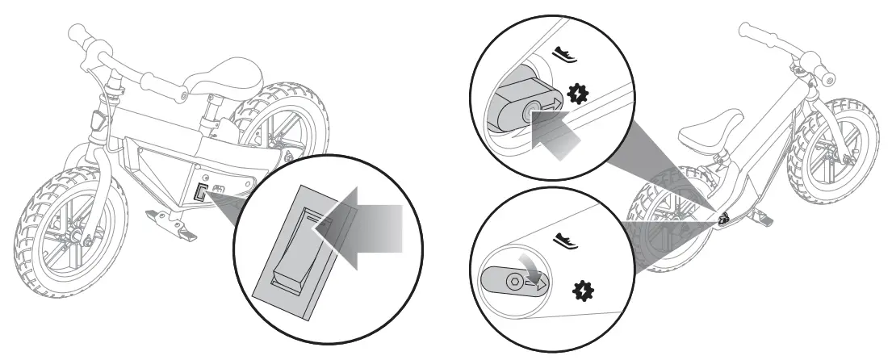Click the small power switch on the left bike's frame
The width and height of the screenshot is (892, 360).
[199, 194]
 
